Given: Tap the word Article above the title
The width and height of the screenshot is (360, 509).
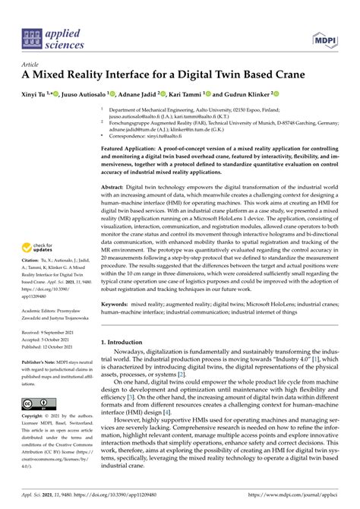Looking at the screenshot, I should tap(31, 65).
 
